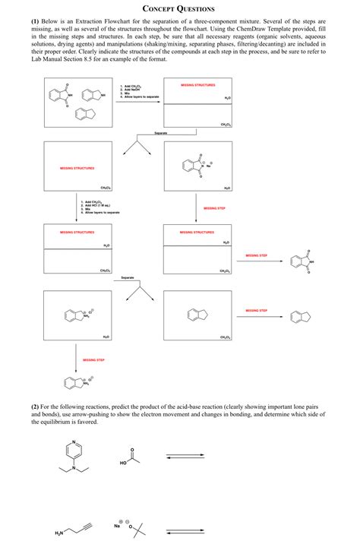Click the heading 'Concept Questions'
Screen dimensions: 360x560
tap(179, 10)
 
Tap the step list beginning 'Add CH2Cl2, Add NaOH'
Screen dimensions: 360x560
tap(139, 92)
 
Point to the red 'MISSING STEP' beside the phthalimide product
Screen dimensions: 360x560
tap(257, 255)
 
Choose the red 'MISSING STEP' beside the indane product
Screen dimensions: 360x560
tap(257, 310)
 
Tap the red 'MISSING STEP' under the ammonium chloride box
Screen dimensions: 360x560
tap(93, 359)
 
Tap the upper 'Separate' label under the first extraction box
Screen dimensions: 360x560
tap(160, 134)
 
